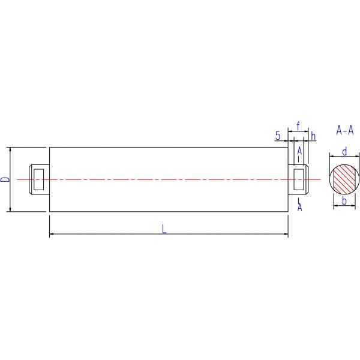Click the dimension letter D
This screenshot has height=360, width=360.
point(5,179)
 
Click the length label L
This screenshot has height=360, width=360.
point(164,228)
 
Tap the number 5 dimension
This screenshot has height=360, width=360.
point(278,136)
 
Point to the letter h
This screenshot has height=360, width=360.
point(313,136)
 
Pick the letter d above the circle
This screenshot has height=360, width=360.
point(344,151)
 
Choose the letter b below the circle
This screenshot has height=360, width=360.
point(344,200)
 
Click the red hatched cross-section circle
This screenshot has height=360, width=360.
point(344,178)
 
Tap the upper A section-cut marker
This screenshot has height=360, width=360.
point(299,150)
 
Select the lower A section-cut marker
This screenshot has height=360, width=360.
point(299,207)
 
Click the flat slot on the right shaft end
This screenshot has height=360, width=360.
point(298,179)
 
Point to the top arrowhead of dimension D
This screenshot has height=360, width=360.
point(10,149)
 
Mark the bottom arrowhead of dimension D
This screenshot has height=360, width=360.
point(10,210)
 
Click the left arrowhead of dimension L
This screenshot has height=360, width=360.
point(51,233)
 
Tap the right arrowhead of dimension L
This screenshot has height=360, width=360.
point(286,233)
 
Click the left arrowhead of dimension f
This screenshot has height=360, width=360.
point(290,130)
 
